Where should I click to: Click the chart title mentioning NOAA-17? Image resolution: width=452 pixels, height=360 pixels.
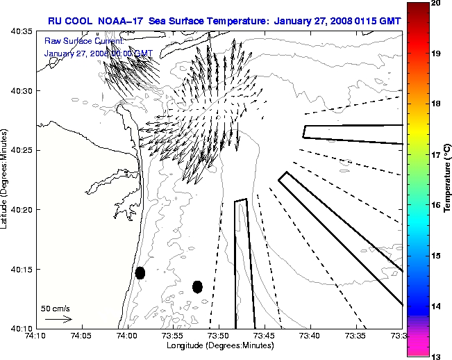click(224, 20)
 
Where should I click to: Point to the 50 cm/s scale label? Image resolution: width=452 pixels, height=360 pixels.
click(55, 308)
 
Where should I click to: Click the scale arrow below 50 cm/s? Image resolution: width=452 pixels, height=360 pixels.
click(58, 319)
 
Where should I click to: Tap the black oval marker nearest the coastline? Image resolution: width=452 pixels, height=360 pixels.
click(140, 272)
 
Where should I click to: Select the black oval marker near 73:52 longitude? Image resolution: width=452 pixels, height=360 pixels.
click(197, 286)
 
